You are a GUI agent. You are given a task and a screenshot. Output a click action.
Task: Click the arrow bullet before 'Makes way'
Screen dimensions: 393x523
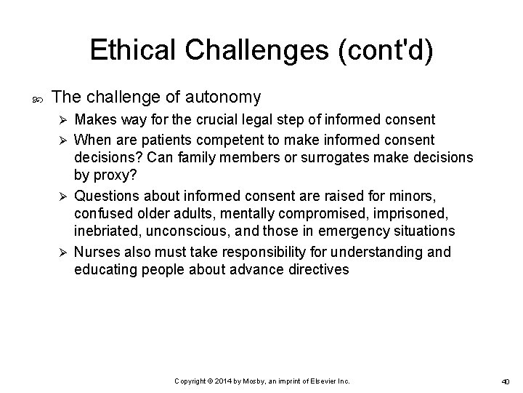63,119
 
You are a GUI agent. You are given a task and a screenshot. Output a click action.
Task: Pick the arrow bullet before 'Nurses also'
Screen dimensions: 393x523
63,253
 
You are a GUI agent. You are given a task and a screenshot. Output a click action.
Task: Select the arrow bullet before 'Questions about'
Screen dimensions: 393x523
63,195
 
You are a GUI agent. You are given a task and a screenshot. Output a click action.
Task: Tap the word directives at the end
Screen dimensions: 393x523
317,271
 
